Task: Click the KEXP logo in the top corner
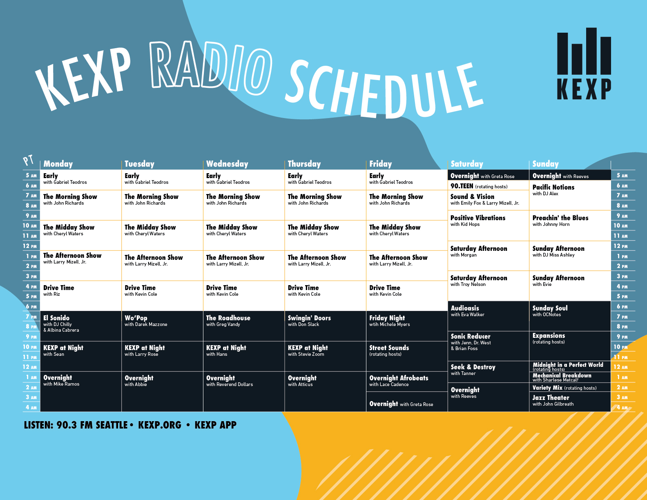[x=584, y=64]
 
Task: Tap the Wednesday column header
[x=227, y=164]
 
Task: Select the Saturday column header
[x=467, y=164]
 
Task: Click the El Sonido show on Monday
[x=61, y=324]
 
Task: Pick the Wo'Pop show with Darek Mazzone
[x=146, y=321]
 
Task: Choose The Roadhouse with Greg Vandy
[x=228, y=321]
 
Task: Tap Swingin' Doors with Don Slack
[x=309, y=321]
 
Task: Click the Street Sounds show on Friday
[x=389, y=350]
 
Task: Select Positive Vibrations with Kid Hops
[x=478, y=221]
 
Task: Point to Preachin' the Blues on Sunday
[x=560, y=221]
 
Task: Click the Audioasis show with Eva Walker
[x=467, y=311]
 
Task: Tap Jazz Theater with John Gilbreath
[x=553, y=401]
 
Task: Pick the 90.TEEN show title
[x=462, y=186]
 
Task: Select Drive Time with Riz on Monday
[x=59, y=291]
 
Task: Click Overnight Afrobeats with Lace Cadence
[x=399, y=381]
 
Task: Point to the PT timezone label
[x=28, y=161]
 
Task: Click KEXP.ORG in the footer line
[x=160, y=425]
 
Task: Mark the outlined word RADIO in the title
[x=211, y=68]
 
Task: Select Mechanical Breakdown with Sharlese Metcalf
[x=562, y=377]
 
